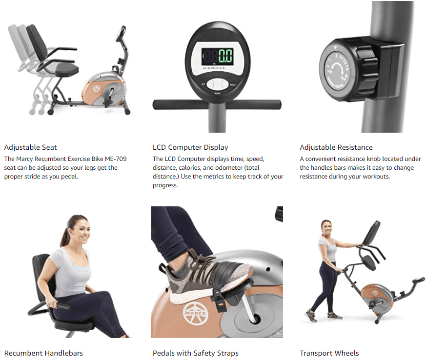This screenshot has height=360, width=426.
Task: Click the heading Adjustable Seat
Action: coord(30,147)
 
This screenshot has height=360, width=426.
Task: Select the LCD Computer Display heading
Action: coord(190,147)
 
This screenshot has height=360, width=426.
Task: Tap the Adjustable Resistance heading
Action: coord(336,147)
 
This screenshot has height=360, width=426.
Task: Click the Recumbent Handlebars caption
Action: coord(43,353)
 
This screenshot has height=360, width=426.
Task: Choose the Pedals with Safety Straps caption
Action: coord(196,353)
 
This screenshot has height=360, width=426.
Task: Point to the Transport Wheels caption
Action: coord(329,353)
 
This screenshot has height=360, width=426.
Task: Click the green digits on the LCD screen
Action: coord(225,56)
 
